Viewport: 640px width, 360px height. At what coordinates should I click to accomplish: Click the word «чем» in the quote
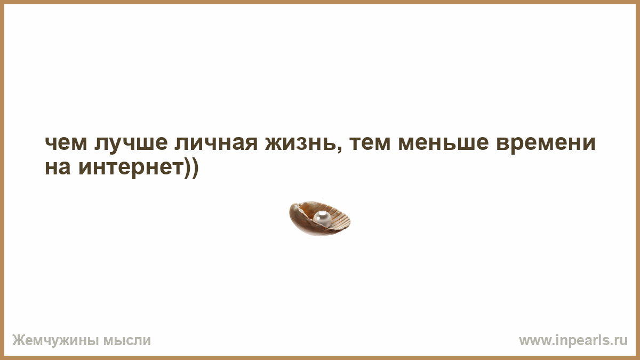[x=66, y=143]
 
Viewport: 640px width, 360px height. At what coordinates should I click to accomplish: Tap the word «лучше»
[x=131, y=143]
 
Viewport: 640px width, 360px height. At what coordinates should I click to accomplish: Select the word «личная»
[x=216, y=143]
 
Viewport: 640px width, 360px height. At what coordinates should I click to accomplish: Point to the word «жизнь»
[x=300, y=143]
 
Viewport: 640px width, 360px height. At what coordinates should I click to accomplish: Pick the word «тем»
[x=370, y=143]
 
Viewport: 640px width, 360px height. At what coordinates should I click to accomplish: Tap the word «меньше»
[x=443, y=143]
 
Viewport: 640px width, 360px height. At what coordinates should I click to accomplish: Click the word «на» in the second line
[x=58, y=167]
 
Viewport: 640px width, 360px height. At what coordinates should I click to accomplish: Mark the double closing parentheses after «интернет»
[x=191, y=169]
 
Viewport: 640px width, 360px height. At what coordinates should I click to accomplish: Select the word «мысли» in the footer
[x=127, y=341]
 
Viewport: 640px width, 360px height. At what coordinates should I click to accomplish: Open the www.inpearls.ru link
[x=573, y=340]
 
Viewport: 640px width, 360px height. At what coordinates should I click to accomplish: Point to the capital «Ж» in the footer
[x=18, y=340]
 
